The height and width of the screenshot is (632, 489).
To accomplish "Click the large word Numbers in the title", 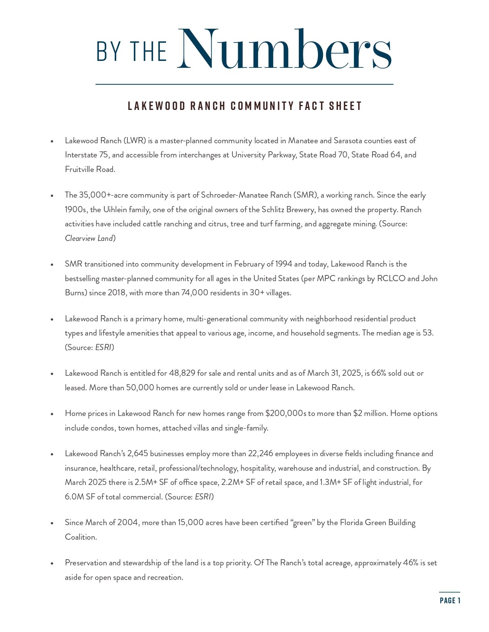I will (284, 49).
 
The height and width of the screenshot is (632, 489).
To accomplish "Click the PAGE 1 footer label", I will (450, 600).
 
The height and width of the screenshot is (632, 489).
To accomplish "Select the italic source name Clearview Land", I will (89, 238).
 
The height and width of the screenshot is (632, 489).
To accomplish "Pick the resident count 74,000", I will (195, 293).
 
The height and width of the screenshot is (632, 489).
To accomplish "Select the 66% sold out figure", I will (379, 373).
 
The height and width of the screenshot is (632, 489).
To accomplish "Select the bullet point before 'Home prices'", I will (52, 414).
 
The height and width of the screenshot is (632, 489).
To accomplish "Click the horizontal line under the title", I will (244, 84).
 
